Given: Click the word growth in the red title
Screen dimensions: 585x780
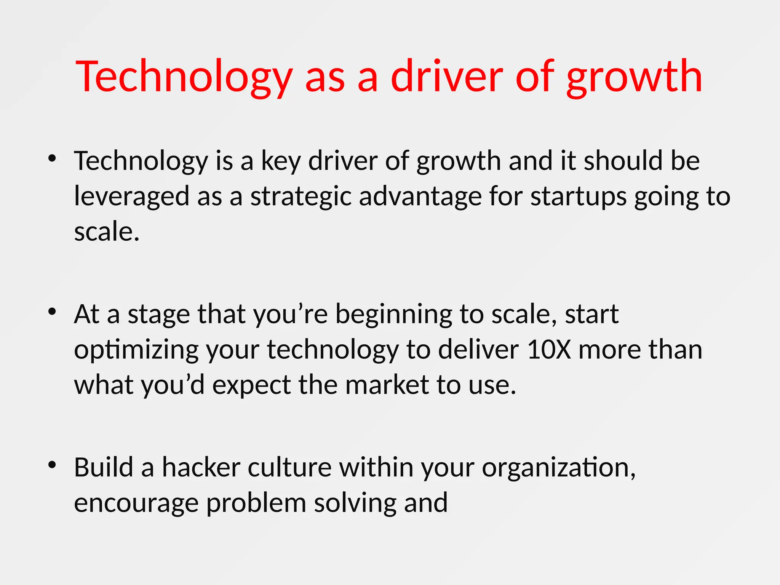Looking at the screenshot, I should click(x=634, y=78).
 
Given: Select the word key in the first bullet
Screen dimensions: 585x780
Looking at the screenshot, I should click(x=281, y=161).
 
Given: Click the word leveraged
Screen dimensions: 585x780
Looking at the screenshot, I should click(x=131, y=197).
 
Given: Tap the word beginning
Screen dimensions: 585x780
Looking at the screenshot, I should click(x=394, y=315).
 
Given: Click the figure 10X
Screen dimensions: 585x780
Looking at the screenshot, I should click(x=549, y=350).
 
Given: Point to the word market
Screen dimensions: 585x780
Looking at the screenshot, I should click(x=387, y=385).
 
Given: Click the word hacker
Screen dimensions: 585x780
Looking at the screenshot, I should click(x=201, y=467).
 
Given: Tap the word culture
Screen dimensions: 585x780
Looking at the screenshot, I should click(x=289, y=467).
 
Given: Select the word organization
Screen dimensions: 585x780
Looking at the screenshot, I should click(x=558, y=468).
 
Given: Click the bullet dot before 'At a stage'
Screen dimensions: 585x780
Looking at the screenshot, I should click(x=52, y=312).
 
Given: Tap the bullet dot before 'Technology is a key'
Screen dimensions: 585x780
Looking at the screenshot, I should click(x=52, y=158).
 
